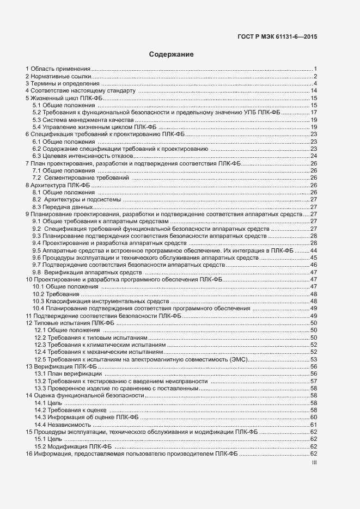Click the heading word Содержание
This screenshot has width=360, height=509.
pyautogui.click(x=172, y=54)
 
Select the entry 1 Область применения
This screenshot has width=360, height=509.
pyautogui.click(x=58, y=69)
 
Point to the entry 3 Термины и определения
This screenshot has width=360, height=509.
pyautogui.click(x=63, y=83)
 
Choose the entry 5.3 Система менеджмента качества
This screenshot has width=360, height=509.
pyautogui.click(x=82, y=119)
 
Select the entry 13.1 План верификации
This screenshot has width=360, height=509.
pyautogui.click(x=68, y=373)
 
